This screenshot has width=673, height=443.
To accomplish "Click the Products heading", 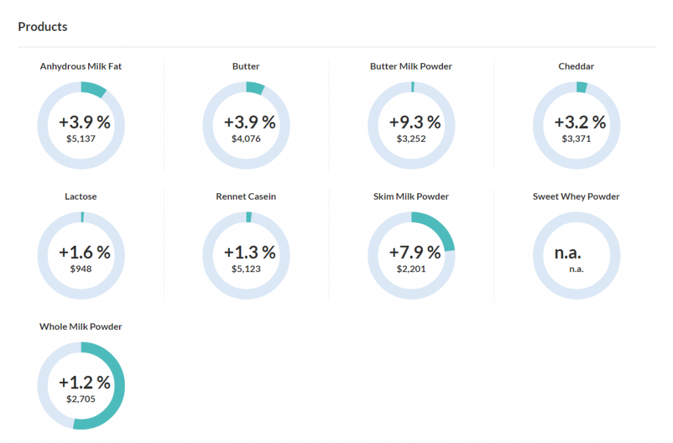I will click(x=43, y=27).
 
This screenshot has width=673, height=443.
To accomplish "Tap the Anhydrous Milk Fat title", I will click(x=81, y=66).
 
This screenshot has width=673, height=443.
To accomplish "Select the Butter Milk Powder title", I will click(x=411, y=66).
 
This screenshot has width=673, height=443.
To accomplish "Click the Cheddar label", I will click(x=576, y=66).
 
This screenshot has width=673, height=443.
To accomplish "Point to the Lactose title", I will click(x=81, y=197).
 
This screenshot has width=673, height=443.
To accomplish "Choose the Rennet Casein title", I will click(x=246, y=197).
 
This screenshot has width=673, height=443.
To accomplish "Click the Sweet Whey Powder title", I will click(x=576, y=197).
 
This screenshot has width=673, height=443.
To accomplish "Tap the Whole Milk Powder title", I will click(x=81, y=327).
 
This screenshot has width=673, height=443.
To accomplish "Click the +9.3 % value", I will click(x=415, y=122).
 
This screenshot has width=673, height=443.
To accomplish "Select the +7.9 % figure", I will click(x=415, y=252).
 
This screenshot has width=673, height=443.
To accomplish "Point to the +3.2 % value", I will click(x=580, y=122).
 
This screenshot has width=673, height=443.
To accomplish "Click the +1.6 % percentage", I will click(x=85, y=252).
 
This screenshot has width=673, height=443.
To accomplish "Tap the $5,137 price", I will click(x=81, y=139).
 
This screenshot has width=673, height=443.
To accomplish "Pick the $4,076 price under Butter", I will click(x=246, y=139).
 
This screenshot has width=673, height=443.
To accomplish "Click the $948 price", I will click(x=81, y=269).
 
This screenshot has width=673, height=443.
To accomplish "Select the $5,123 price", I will click(x=246, y=269).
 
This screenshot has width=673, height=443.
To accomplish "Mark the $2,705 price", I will click(x=81, y=399).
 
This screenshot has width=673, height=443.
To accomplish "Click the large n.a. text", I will click(x=568, y=252).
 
